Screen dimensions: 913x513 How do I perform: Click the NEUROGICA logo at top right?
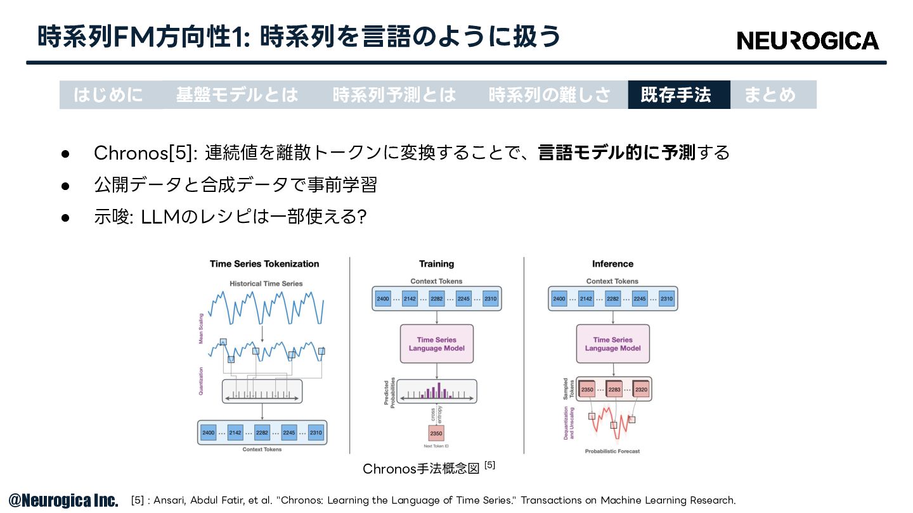808,41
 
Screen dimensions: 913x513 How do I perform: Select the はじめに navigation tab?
108,95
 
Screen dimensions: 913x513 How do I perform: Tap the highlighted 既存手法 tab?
679,95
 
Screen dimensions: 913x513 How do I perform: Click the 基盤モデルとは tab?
237,95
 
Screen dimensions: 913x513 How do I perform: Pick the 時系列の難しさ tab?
550,95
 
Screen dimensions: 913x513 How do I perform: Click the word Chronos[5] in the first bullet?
143,153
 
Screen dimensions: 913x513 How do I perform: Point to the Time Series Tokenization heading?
264,264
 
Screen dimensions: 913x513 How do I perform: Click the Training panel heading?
436,264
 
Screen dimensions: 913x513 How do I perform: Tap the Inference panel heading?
612,264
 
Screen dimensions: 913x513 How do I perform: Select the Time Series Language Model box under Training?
436,344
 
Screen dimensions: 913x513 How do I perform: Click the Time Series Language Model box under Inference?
612,344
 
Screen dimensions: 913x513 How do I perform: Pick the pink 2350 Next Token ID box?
436,433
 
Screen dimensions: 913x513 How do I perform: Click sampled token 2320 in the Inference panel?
641,389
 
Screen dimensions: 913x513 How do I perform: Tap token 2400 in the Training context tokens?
383,299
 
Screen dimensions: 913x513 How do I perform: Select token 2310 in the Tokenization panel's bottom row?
316,433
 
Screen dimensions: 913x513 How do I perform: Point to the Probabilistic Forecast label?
612,451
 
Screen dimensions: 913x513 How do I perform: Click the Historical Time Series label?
266,284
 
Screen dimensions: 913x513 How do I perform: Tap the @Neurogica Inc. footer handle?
63,500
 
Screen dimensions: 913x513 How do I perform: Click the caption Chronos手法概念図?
421,469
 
